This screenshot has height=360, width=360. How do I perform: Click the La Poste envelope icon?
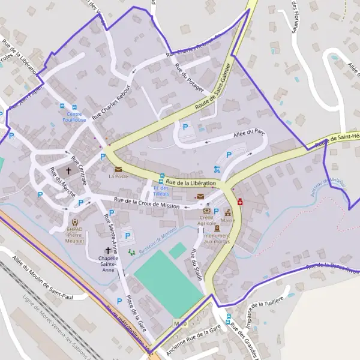tap(118, 169)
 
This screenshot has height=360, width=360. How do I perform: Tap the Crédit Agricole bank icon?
tap(207, 211)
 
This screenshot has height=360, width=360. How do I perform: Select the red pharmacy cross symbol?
tap(240, 203)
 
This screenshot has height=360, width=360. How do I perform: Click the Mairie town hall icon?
tap(228, 212)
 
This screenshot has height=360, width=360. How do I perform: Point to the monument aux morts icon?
tap(217, 227)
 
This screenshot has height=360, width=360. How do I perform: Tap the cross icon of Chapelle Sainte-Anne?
tap(109, 250)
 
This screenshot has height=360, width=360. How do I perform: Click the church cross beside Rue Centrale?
tap(68, 171)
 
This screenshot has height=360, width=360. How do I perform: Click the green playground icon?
tap(131, 252)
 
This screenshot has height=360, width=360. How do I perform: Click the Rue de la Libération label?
tap(190, 182)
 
